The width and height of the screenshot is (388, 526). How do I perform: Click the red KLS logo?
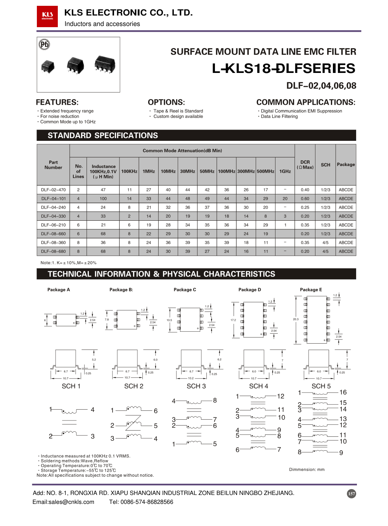(47, 16)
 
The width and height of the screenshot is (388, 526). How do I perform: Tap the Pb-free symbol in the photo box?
(45, 45)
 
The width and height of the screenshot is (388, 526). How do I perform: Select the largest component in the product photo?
(105, 65)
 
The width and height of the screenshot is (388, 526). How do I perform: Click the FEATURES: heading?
(57, 102)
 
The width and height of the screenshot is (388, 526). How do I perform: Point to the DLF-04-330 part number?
(54, 216)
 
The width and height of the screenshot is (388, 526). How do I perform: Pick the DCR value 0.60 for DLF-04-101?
(305, 199)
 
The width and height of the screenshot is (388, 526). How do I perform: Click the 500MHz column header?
(265, 171)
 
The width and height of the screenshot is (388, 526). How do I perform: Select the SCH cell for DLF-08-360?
(325, 243)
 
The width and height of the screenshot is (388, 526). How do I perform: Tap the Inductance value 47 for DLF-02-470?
(103, 190)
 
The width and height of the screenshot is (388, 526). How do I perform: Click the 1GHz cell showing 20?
(285, 199)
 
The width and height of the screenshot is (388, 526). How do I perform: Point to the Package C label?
(185, 290)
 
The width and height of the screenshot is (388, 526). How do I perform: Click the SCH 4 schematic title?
(258, 386)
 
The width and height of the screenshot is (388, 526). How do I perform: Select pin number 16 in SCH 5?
(343, 393)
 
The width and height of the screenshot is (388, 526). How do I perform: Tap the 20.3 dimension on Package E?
(296, 319)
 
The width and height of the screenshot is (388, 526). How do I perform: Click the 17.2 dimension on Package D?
(233, 320)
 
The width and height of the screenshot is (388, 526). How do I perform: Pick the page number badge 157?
(351, 494)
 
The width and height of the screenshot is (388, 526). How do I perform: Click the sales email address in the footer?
(63, 502)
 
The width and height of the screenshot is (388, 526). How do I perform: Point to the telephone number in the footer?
(141, 502)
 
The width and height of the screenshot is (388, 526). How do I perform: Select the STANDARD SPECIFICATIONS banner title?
(103, 135)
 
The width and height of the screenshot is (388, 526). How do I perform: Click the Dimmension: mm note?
(307, 470)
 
